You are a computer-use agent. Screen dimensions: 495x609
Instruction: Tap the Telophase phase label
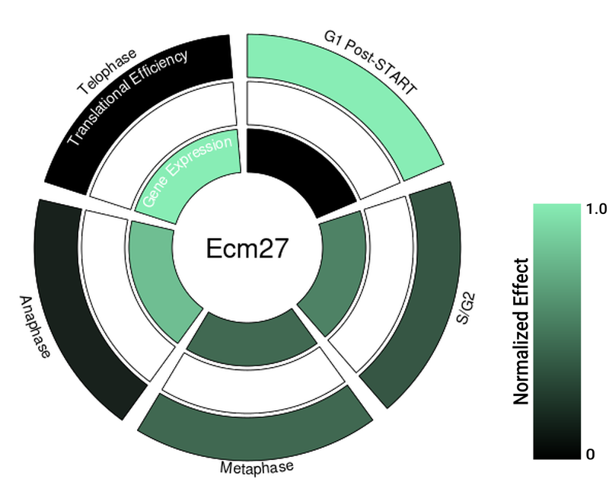pyautogui.click(x=107, y=73)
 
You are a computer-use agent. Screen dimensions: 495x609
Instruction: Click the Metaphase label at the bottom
pyautogui.click(x=257, y=467)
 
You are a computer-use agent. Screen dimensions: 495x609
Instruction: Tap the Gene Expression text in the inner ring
pyautogui.click(x=187, y=173)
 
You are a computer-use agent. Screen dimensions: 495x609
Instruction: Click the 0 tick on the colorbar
pyautogui.click(x=590, y=455)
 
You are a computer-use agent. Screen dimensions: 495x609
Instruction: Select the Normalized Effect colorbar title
pyautogui.click(x=521, y=331)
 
